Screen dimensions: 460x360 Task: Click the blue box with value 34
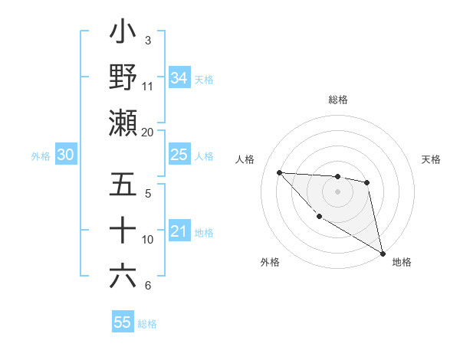coord(179,78)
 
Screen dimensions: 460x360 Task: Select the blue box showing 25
coord(179,155)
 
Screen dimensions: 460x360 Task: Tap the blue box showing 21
coord(179,232)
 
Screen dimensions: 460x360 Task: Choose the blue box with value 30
coord(65,155)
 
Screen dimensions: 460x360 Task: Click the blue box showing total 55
coord(123,322)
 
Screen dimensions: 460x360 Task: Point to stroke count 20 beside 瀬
coord(148,133)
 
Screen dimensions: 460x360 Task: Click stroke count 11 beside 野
coord(148,86)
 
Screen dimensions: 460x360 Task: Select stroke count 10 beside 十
coord(148,240)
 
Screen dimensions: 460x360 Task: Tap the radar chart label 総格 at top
coord(338,100)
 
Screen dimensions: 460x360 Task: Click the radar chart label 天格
coord(431,159)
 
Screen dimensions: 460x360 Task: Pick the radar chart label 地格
coord(402,262)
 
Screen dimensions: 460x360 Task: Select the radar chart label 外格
coord(270,262)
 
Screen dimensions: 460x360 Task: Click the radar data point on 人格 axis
coord(280,172)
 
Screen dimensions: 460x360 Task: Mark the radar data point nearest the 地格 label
coord(383,253)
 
